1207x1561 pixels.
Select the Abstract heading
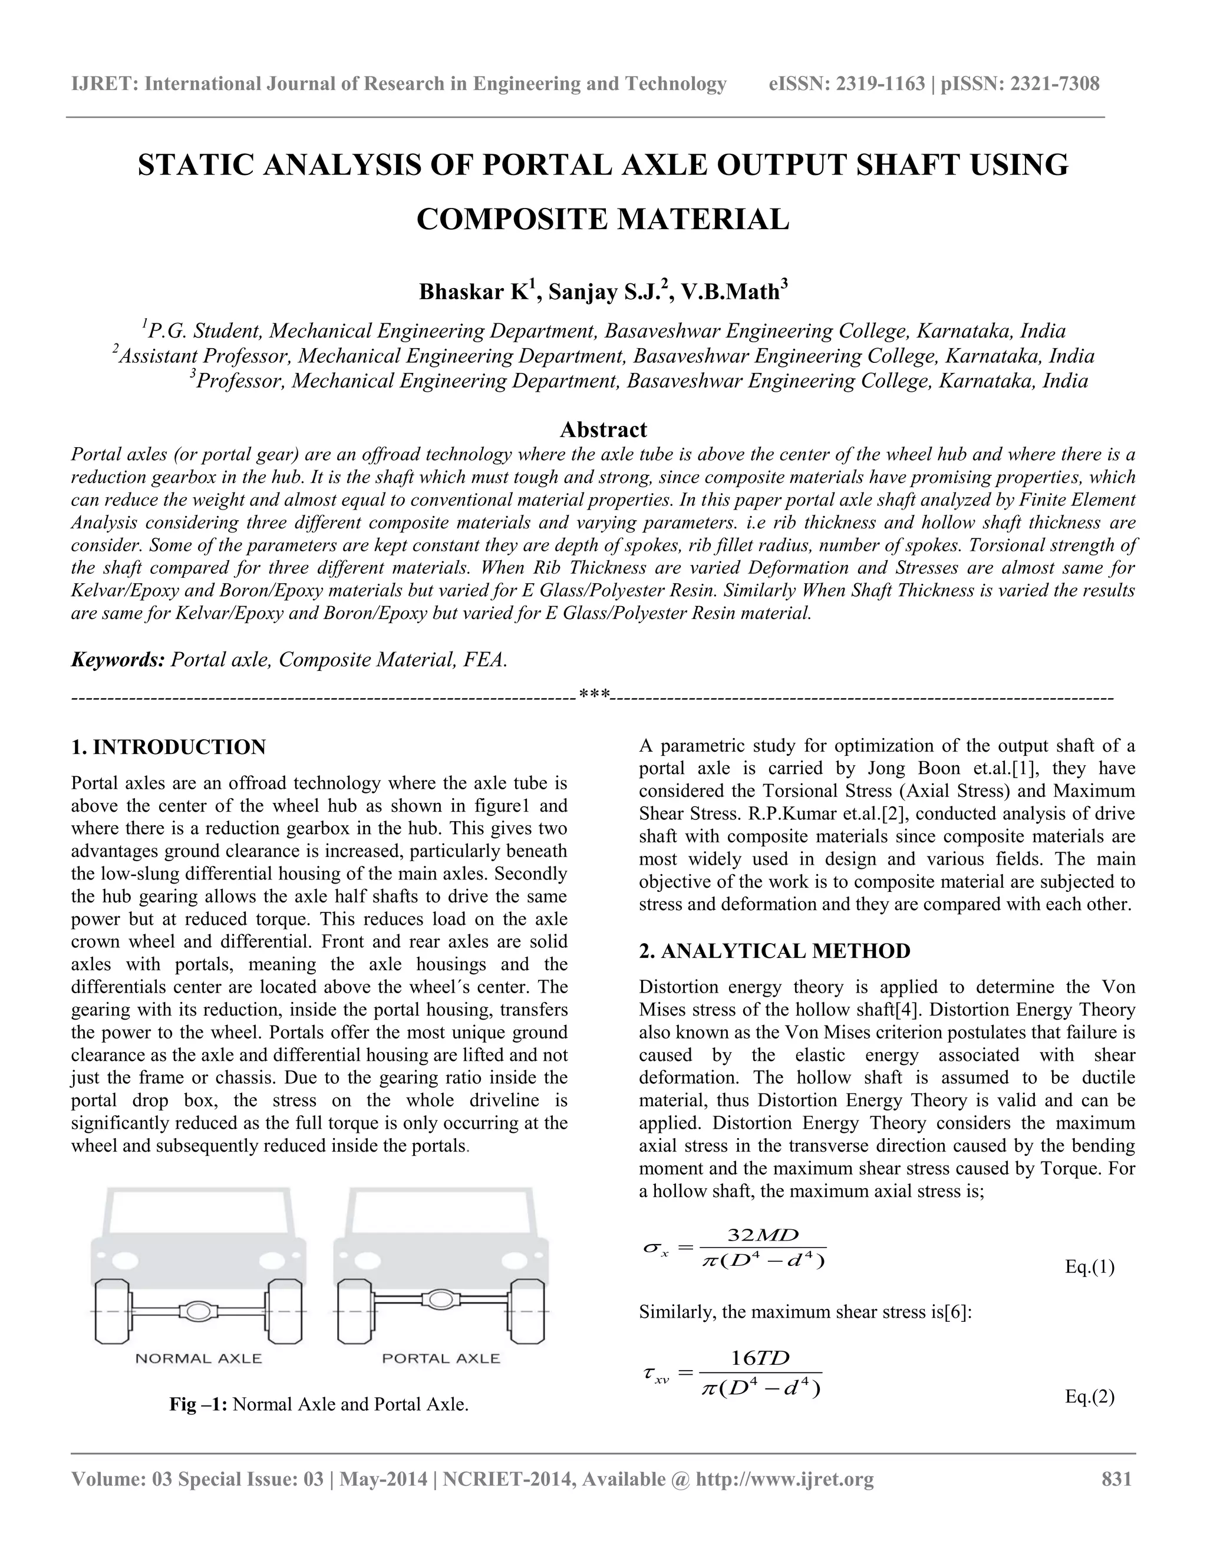tap(603, 429)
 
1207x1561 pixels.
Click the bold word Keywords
tap(118, 659)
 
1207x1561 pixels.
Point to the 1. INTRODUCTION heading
tap(169, 748)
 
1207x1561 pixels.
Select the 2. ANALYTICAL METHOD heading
tap(774, 951)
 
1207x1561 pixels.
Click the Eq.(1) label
tap(1089, 1267)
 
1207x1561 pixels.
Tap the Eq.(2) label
tap(1089, 1397)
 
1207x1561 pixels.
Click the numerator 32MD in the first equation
tap(762, 1236)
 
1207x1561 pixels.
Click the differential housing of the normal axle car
tap(199, 1311)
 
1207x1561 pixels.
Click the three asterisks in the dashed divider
tap(594, 694)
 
